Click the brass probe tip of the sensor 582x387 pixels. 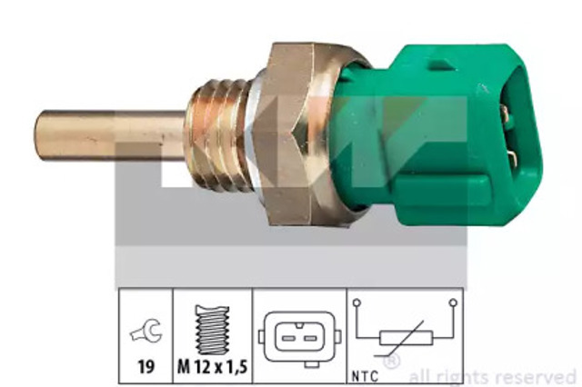[x=111, y=135]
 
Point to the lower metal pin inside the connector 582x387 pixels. [x=513, y=159]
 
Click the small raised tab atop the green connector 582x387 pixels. [x=443, y=64]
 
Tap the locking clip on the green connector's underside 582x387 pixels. [x=442, y=190]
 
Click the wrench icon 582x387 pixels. [x=145, y=331]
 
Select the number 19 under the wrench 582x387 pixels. [x=145, y=367]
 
